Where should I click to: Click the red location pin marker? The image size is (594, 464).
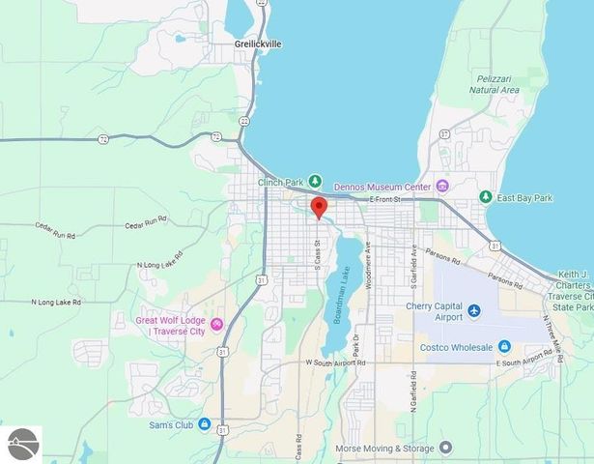click(x=318, y=207)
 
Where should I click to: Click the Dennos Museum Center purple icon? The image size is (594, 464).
click(x=442, y=186)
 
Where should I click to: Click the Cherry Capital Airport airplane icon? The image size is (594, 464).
click(x=474, y=310)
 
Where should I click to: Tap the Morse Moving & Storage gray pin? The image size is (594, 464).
click(x=444, y=448)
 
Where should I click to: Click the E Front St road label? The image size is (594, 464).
click(x=392, y=199)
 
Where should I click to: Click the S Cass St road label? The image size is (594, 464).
click(x=317, y=251)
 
